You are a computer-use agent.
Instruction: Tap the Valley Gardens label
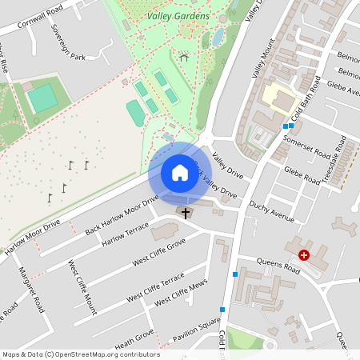[x=178, y=15]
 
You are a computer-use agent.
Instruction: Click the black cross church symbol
[x=186, y=213]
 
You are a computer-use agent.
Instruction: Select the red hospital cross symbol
[x=304, y=255]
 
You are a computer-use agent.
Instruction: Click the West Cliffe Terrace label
[x=155, y=288]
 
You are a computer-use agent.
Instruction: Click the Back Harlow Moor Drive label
[x=122, y=214]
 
